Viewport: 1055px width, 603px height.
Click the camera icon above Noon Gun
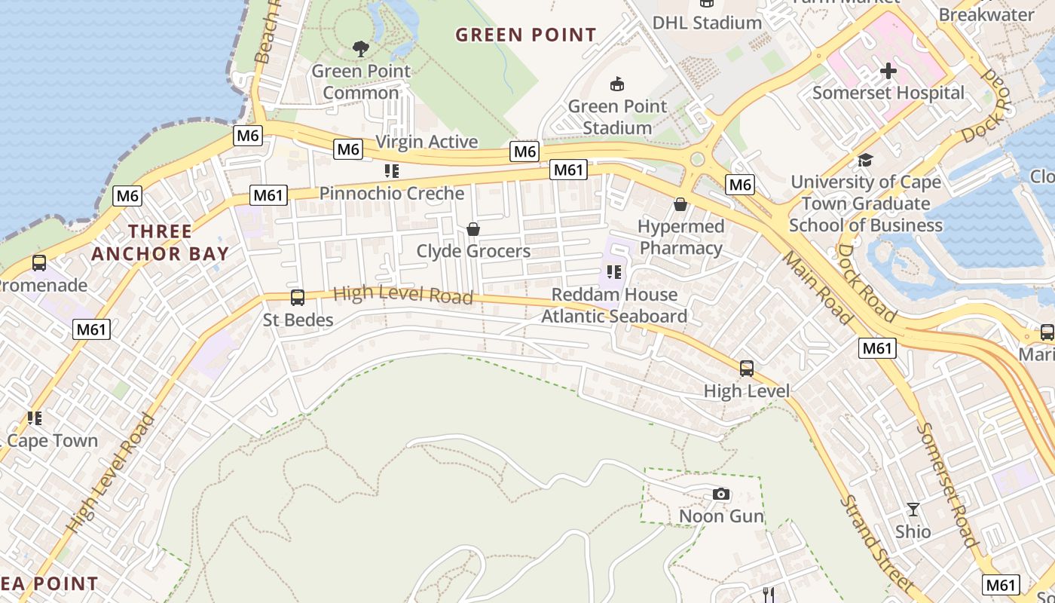coord(721,494)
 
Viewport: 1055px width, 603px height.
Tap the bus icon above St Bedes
coord(298,298)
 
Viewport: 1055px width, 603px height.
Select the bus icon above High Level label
coord(747,369)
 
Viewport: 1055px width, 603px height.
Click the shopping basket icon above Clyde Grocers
coord(473,229)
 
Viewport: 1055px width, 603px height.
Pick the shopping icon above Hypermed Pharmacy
coord(680,204)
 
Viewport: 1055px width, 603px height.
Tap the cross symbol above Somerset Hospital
coord(888,71)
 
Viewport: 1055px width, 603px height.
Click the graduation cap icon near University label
coord(865,160)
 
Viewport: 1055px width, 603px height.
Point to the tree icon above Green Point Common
coord(361,50)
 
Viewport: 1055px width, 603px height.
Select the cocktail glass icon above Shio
coord(913,510)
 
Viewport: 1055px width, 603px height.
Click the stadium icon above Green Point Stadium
coord(617,84)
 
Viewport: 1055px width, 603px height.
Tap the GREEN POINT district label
coord(526,35)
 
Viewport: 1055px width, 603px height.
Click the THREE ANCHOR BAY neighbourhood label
coord(160,242)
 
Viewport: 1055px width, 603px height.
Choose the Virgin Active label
coord(427,142)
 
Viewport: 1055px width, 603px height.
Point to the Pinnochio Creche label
coord(392,193)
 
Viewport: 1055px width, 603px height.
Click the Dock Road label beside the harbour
coord(867,283)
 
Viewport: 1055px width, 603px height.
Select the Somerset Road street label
coord(948,484)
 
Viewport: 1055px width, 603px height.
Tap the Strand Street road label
coord(876,541)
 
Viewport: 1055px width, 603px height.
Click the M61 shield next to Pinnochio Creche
coord(268,196)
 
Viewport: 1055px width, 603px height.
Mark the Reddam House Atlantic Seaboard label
coord(614,305)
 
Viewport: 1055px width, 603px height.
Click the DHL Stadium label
coord(707,23)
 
